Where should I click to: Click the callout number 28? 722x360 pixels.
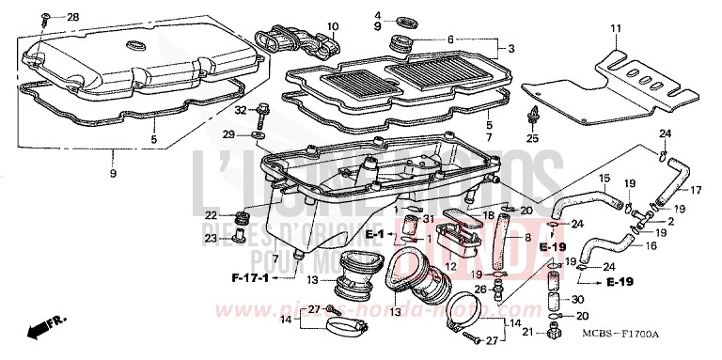(x=73, y=18)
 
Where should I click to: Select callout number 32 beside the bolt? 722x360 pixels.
(x=241, y=110)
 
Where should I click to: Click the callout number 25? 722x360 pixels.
(x=533, y=138)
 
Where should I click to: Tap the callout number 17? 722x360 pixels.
(x=696, y=189)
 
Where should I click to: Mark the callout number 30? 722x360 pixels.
(x=576, y=299)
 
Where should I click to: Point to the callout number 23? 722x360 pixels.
(x=212, y=239)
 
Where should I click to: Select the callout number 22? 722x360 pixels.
(x=212, y=215)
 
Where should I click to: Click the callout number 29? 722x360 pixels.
(x=228, y=135)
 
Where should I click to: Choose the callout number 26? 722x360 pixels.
(x=481, y=290)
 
